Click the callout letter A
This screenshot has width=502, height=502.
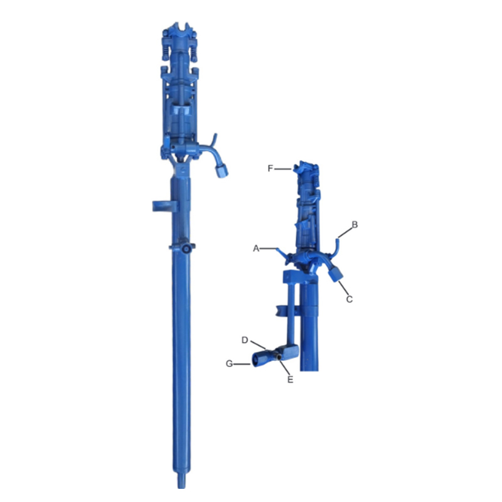click(256, 248)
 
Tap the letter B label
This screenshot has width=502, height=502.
click(355, 225)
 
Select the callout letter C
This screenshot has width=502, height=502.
click(350, 299)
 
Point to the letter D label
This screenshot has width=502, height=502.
click(245, 340)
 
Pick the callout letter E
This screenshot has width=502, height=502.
click(290, 380)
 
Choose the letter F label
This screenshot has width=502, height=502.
click(270, 168)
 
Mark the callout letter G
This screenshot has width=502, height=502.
click(229, 364)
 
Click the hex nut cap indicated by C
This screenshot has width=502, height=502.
click(335, 274)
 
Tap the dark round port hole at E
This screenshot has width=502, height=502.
click(279, 356)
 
